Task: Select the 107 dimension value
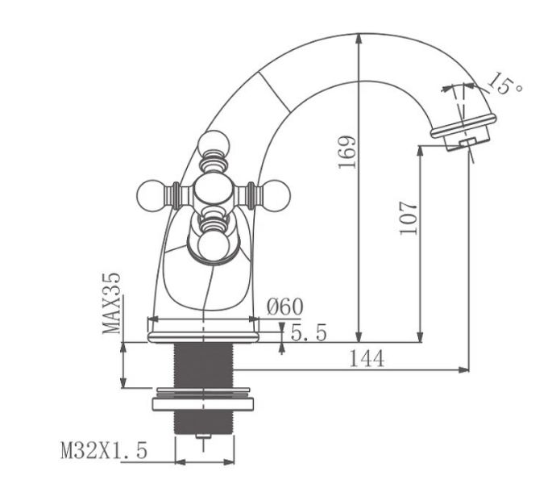click(x=409, y=217)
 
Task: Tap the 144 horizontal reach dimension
click(x=366, y=359)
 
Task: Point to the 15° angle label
click(x=504, y=83)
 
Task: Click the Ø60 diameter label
click(x=284, y=307)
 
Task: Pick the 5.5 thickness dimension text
click(x=308, y=332)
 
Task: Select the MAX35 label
click(x=112, y=302)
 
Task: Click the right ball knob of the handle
click(x=273, y=194)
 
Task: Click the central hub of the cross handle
click(x=212, y=194)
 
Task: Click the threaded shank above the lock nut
click(x=203, y=365)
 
